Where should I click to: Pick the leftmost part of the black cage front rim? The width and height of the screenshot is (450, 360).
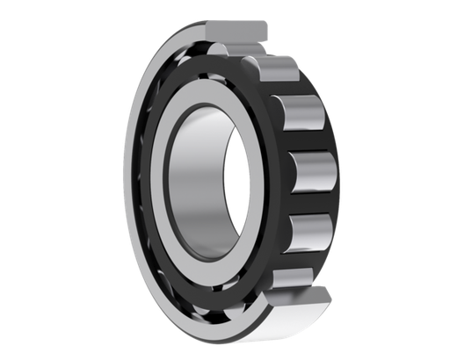[142, 184]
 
